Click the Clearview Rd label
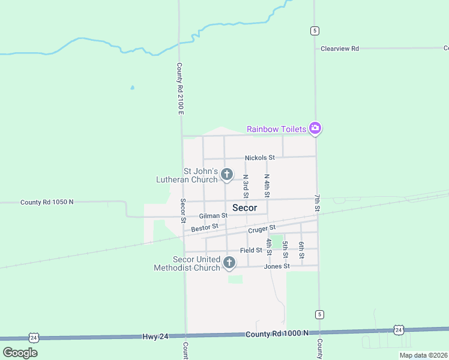[x=339, y=48]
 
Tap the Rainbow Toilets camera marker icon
[x=315, y=128]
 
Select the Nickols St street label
[x=259, y=158]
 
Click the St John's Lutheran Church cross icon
[x=227, y=175]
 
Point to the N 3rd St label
[x=246, y=187]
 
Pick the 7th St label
[x=317, y=203]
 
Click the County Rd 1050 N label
[x=47, y=202]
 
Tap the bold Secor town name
[x=244, y=208]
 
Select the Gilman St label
[x=213, y=215]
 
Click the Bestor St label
[x=205, y=228]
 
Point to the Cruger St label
[x=261, y=229]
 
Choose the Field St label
[x=251, y=250]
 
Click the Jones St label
[x=278, y=266]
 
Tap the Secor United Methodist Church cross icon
[x=229, y=262]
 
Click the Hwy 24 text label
[x=156, y=337]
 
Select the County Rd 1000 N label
[x=277, y=333]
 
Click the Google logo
[x=20, y=352]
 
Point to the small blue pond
[x=132, y=88]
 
